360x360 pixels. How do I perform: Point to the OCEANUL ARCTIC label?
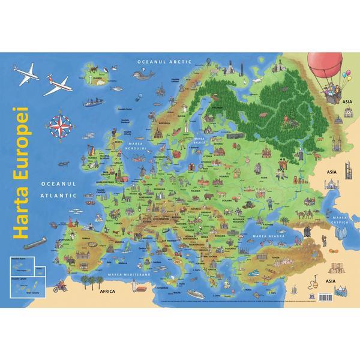(x=158, y=62)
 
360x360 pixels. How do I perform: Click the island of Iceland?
(x=94, y=75)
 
